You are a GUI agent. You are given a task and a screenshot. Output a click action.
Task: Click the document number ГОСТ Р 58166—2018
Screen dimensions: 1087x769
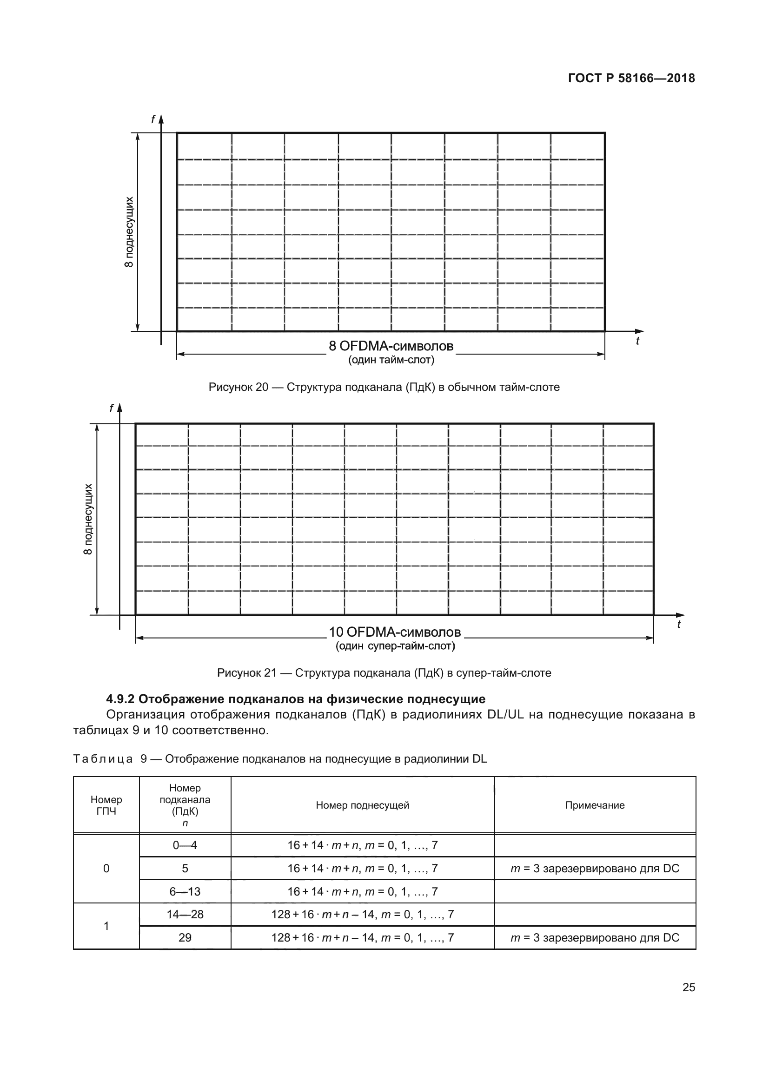pos(631,78)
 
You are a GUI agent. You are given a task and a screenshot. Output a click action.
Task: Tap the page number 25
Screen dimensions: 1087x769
pos(689,987)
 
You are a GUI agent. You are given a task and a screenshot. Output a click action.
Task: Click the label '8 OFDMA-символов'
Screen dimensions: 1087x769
pos(391,346)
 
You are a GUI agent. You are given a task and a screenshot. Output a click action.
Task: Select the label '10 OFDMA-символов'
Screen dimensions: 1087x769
pos(394,632)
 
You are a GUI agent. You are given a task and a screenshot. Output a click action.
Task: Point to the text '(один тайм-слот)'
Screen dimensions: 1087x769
pos(391,360)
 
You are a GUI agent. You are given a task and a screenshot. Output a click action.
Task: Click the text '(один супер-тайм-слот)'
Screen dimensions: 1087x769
pos(395,646)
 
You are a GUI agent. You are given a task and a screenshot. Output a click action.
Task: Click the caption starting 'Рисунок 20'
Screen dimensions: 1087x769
pos(384,387)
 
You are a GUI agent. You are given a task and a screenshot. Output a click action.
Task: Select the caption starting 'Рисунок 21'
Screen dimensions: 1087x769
pos(384,673)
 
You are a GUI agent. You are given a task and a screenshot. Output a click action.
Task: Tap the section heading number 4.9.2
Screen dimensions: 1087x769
pos(120,699)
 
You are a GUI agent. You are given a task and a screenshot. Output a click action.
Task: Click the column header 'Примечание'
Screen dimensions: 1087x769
pos(595,805)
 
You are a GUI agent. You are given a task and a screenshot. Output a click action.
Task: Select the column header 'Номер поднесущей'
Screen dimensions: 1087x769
pos(362,805)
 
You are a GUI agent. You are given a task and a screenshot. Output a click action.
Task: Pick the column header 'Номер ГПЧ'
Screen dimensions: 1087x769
pos(106,805)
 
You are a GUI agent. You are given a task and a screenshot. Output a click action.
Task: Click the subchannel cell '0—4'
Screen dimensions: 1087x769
pos(185,845)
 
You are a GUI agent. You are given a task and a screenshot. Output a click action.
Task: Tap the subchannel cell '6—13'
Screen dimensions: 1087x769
pos(185,891)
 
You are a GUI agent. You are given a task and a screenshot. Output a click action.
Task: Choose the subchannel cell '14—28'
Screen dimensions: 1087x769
pos(185,914)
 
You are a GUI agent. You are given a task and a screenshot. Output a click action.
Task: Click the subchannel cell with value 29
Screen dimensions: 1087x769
pos(185,937)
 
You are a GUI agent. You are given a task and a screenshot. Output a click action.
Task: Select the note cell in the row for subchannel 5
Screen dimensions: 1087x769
pos(595,868)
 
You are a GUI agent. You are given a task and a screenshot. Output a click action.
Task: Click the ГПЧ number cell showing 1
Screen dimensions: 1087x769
pos(106,926)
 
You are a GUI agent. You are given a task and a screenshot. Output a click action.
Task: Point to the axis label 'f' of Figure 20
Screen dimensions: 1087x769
pos(152,120)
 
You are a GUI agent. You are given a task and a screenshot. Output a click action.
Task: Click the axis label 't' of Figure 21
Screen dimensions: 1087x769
pos(678,625)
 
